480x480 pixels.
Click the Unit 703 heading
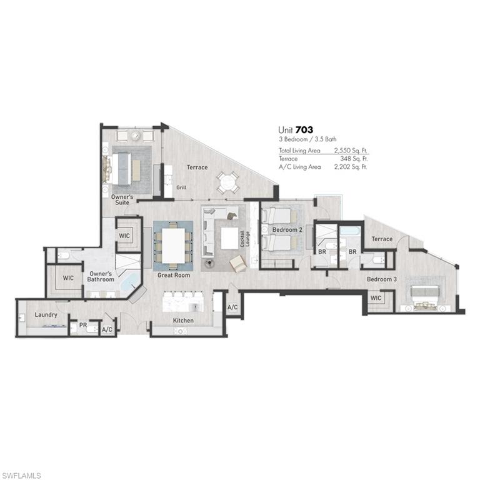296,130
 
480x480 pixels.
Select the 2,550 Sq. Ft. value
352,151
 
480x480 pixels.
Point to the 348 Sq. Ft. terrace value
355,159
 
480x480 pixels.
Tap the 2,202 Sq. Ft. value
352,167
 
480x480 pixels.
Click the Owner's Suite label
122,200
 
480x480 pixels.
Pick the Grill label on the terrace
181,187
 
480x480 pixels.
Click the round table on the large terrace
227,183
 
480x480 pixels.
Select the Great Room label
174,275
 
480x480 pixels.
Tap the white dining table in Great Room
173,246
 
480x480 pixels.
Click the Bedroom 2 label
287,229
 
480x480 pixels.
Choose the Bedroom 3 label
381,279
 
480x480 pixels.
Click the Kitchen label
183,321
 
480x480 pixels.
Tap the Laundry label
46,314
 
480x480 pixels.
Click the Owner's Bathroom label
101,276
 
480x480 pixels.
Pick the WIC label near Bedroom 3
376,298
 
